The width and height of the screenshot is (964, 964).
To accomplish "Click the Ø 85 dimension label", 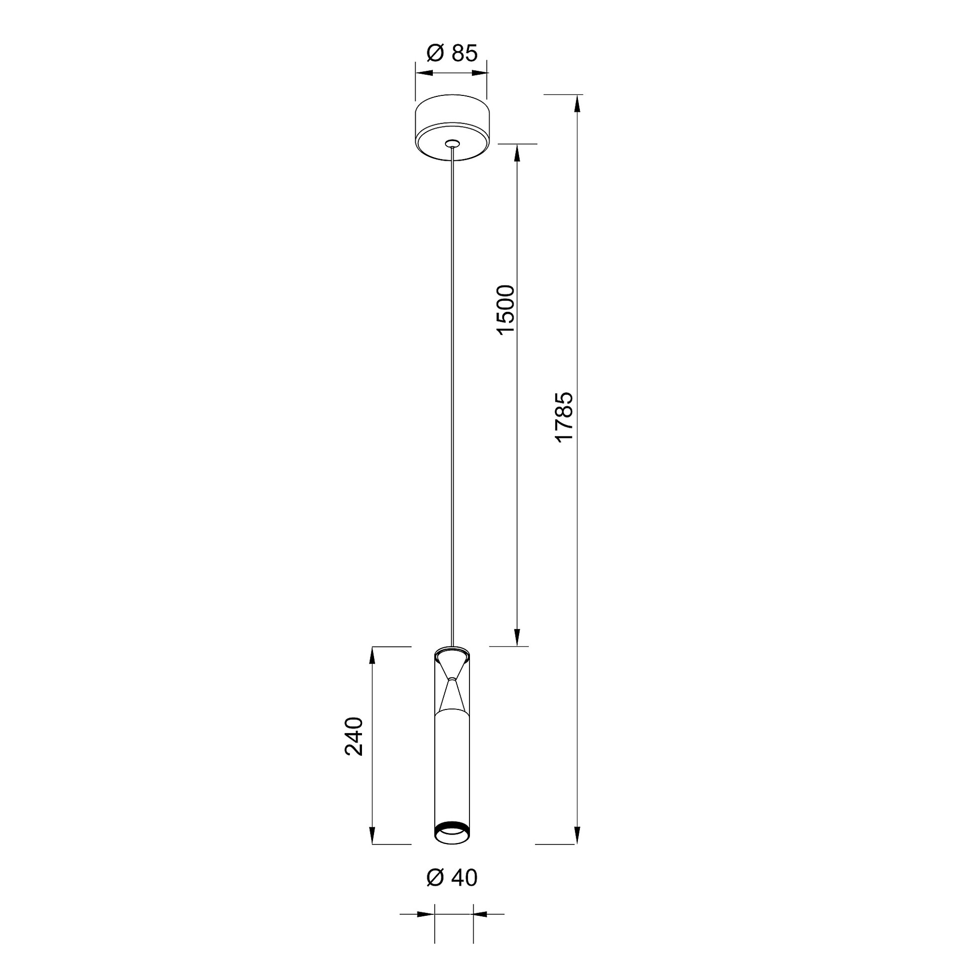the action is [x=452, y=53].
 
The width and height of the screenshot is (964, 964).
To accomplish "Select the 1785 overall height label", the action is [x=564, y=417].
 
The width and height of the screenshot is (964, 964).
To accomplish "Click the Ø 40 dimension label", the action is [x=452, y=877].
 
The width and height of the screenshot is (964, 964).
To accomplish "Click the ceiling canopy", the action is [x=451, y=128].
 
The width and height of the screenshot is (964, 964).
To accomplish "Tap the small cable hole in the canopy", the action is [x=452, y=144].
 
